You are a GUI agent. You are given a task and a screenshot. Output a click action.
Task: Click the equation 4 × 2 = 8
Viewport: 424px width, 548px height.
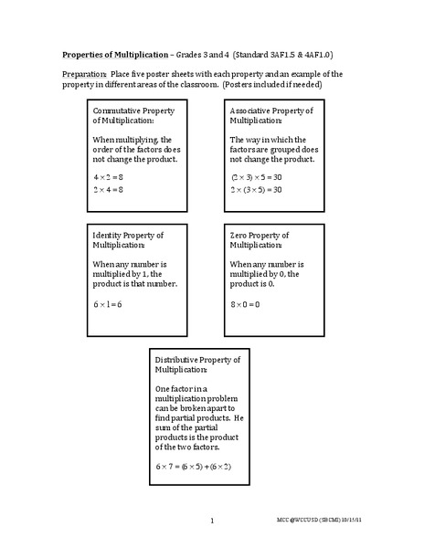pos(108,175)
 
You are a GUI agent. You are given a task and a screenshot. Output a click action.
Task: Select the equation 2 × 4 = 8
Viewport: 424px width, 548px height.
pos(108,189)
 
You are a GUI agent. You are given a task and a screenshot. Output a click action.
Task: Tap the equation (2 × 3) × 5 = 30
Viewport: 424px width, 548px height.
pos(256,175)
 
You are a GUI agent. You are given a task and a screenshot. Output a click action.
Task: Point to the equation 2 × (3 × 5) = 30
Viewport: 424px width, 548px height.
pos(256,189)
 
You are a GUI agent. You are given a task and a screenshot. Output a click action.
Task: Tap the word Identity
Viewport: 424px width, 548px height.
pos(108,236)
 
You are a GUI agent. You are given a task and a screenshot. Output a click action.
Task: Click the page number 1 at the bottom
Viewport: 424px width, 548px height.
pos(211,522)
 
